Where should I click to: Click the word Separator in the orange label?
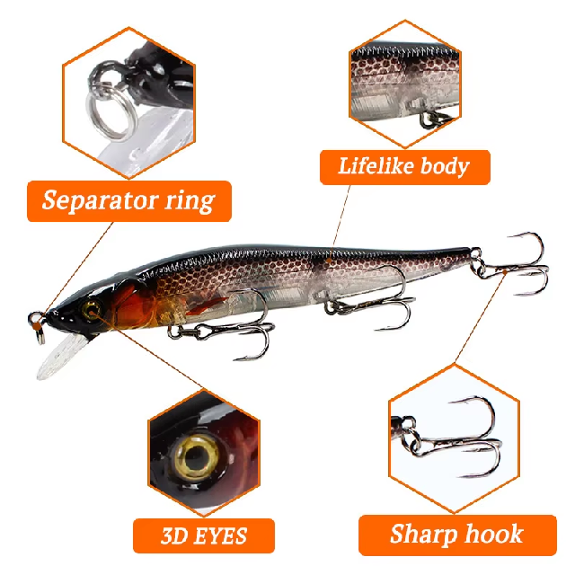point(101,201)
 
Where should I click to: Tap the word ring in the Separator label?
point(190,201)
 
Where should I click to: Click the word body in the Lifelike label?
point(445,167)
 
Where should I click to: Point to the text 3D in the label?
point(174,535)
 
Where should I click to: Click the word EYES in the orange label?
point(220,535)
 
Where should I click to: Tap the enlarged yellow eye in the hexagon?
point(197,457)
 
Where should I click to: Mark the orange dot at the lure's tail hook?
point(505,271)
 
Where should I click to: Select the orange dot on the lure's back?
point(330,261)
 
